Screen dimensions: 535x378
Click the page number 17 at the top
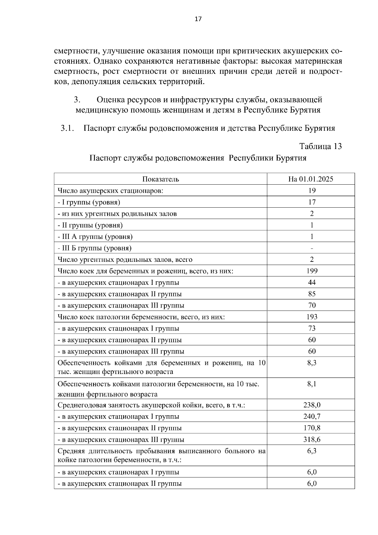click(x=198, y=19)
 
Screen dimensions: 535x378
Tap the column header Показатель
click(x=161, y=179)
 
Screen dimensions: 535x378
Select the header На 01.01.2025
click(x=311, y=179)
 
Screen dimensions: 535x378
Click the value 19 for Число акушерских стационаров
click(x=312, y=190)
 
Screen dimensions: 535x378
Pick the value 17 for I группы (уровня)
click(x=312, y=202)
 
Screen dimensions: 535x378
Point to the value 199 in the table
click(x=312, y=271)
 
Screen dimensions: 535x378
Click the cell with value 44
click(x=312, y=282)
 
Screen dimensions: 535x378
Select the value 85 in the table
click(x=312, y=294)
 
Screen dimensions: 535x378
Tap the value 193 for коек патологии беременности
click(x=312, y=317)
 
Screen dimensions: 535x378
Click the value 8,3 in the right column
click(x=312, y=363)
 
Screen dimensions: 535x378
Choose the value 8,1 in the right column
click(x=312, y=384)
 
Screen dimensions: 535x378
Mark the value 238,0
click(x=312, y=405)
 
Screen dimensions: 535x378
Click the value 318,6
click(x=312, y=440)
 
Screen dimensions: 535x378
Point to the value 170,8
click(x=312, y=428)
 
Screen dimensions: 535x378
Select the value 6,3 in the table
click(x=312, y=451)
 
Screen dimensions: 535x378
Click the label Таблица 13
click(x=320, y=147)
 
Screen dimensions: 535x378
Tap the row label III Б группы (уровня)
click(x=94, y=248)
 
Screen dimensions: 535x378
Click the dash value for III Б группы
click(x=312, y=248)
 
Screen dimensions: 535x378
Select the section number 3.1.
click(x=67, y=128)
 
